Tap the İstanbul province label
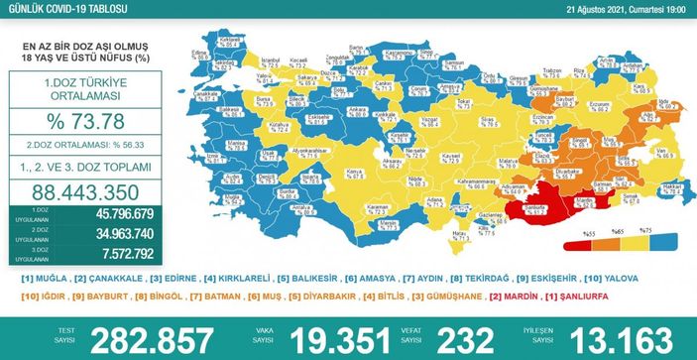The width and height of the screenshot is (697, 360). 265,61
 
